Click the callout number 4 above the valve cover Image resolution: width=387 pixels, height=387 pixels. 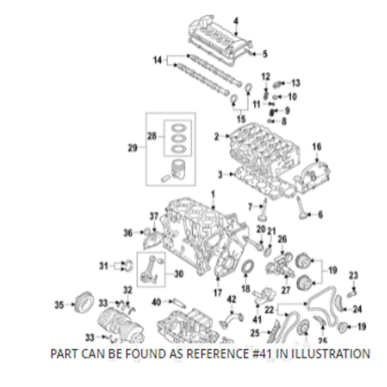pos(236,21)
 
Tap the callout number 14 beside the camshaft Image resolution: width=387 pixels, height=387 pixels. pos(157,60)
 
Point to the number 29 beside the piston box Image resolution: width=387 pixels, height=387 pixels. pos(133,148)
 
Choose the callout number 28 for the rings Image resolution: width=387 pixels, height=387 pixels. pos(152,137)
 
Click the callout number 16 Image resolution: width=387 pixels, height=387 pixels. pos(316,147)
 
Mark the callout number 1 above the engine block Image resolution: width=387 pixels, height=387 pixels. pos(213,194)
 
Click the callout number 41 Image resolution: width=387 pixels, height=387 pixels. pos(256,319)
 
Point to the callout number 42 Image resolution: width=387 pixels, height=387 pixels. pos(232,299)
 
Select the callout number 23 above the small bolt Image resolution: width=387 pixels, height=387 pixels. pos(354,276)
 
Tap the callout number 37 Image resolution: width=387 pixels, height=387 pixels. pos(153,216)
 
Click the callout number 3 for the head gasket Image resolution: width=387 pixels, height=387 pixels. pos(220,174)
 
